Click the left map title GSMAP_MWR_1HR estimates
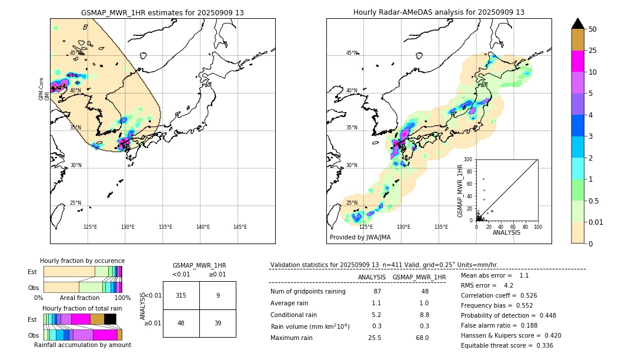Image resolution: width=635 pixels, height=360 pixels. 162,12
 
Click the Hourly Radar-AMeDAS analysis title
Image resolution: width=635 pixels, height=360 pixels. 439,12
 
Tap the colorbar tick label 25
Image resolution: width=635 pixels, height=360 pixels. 593,51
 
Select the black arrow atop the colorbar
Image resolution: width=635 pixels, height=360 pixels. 578,24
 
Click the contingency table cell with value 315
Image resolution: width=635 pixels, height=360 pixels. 181,295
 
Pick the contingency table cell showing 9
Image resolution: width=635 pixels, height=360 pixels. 218,295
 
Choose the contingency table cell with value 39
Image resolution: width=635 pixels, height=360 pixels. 218,323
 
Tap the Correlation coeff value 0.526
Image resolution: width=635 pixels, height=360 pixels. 522,295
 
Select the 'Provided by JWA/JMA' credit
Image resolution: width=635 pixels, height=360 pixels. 360,237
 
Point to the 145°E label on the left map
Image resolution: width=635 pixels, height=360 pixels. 240,227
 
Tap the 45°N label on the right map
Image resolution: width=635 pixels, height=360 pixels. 352,53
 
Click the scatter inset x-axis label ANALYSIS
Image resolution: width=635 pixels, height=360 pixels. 506,232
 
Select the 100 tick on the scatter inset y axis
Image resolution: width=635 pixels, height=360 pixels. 469,159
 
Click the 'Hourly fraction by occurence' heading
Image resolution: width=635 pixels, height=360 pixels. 82,261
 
